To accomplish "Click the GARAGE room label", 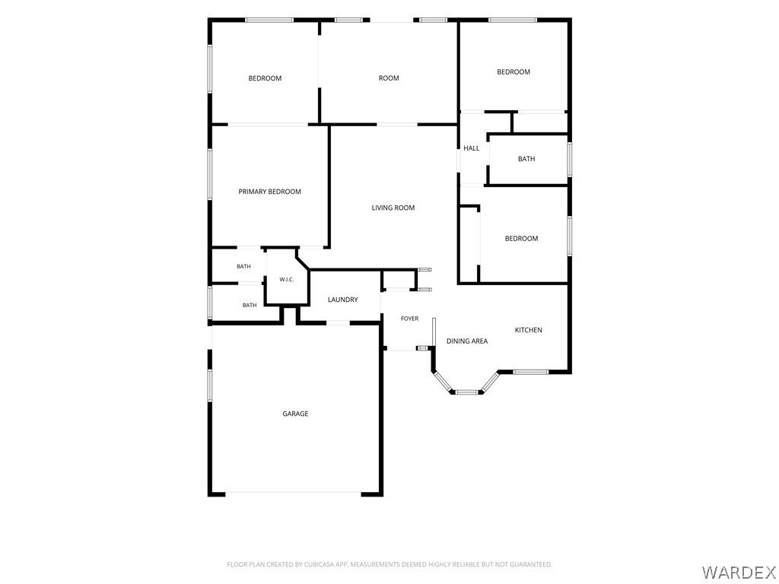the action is pos(295,414).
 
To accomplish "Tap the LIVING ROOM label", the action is pos(393,208).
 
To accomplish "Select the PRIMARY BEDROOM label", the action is pos(270,192).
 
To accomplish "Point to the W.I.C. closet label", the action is pos(287,280).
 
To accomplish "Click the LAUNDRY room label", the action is pos(343,300).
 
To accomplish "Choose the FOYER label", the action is pos(410,319).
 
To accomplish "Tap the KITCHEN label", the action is pos(528,330).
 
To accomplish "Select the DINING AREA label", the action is pos(467,341).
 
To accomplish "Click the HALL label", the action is pos(472,148).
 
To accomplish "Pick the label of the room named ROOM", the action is pos(389,78).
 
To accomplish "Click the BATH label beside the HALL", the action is pos(526,159).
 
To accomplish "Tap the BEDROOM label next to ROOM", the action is pos(265,78).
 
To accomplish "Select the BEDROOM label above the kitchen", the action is pos(522,238).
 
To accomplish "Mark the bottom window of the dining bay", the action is pos(467,392).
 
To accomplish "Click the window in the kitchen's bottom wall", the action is pos(530,372).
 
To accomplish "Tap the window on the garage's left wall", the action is pos(210,386).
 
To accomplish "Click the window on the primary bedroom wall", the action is pos(210,174).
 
